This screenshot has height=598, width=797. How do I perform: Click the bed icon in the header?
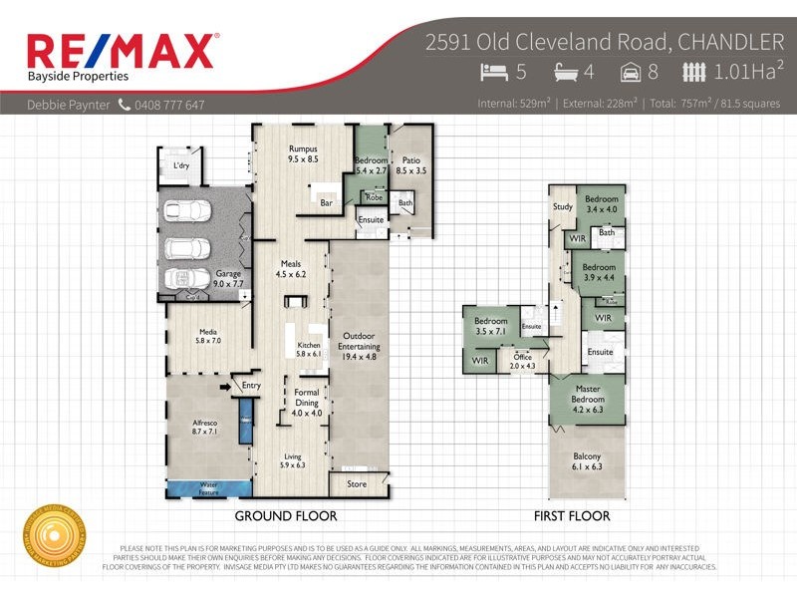[x=493, y=72]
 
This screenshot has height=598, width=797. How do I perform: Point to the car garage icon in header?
[x=629, y=72]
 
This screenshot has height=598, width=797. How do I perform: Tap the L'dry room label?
[x=181, y=165]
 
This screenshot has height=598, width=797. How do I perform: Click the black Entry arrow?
[x=225, y=386]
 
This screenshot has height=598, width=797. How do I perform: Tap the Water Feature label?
[x=207, y=487]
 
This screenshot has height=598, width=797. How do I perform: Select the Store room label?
[x=357, y=484]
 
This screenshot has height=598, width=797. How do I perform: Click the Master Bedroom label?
[x=588, y=395]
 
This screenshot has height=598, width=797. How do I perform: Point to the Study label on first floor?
[x=561, y=206]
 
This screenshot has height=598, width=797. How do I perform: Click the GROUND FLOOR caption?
[x=285, y=516]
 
